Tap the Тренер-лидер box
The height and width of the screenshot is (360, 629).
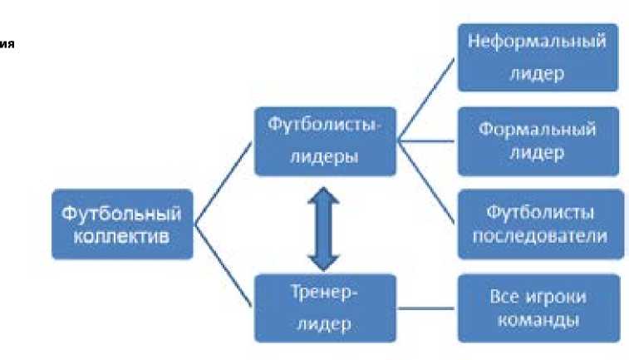click(325, 308)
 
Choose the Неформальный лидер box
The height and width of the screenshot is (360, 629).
click(538, 57)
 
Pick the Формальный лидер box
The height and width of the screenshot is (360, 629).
click(538, 141)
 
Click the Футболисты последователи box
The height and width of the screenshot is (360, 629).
click(538, 223)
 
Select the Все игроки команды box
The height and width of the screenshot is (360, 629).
click(538, 308)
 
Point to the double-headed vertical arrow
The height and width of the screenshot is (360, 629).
click(325, 224)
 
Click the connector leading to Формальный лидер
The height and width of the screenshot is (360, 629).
click(426, 141)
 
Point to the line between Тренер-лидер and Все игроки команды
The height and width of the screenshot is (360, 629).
click(426, 308)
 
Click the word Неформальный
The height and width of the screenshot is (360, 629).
click(538, 42)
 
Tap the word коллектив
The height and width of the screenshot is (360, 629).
click(121, 236)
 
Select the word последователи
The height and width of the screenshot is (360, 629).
click(538, 235)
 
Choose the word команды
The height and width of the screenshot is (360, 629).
click(538, 320)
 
